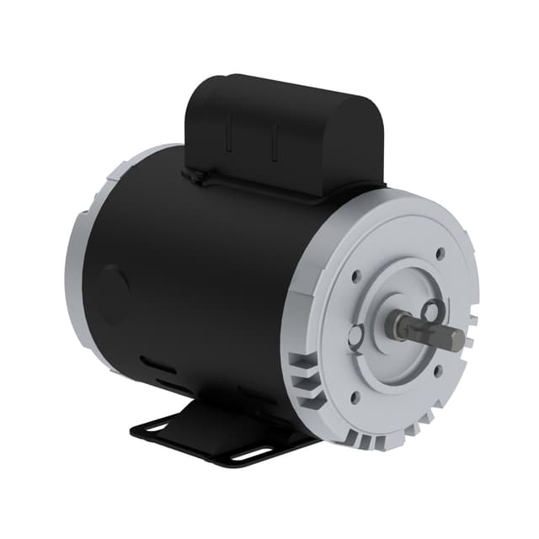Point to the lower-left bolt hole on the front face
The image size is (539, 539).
354,392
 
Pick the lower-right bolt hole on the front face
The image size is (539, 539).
438,368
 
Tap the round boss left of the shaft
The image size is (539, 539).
359,333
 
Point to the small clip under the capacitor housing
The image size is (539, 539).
196,176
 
